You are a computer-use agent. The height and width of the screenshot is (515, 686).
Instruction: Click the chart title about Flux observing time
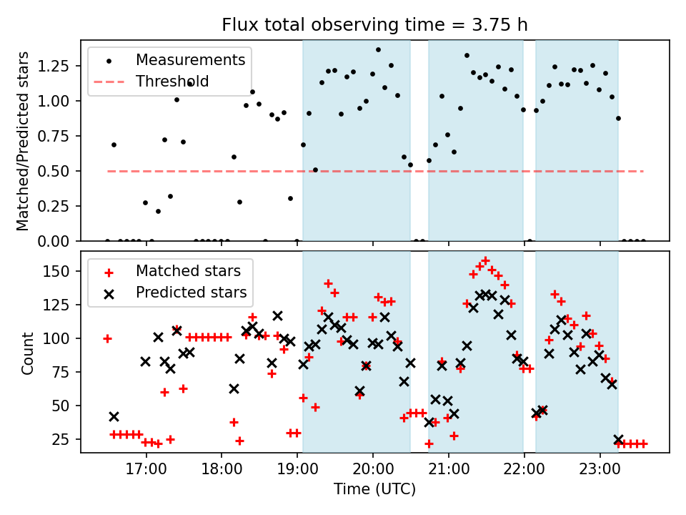[x=375, y=25]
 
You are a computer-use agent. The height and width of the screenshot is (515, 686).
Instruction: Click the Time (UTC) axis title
[x=374, y=490]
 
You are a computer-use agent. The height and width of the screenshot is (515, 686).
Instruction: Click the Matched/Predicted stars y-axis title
[x=23, y=141]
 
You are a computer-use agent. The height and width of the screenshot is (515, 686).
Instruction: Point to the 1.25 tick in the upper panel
[x=61, y=66]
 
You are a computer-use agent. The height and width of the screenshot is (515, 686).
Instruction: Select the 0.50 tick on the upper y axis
[x=61, y=171]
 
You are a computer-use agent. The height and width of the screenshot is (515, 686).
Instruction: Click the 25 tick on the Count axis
[x=66, y=438]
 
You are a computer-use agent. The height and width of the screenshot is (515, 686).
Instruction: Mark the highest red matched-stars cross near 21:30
[x=485, y=260]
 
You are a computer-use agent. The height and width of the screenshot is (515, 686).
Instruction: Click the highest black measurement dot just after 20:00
[x=378, y=50]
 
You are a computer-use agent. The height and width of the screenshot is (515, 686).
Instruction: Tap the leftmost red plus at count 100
[x=107, y=338]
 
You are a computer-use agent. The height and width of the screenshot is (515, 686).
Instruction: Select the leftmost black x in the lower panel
[x=114, y=416]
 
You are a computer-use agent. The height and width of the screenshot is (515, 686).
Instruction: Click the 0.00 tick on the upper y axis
[x=61, y=241]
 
